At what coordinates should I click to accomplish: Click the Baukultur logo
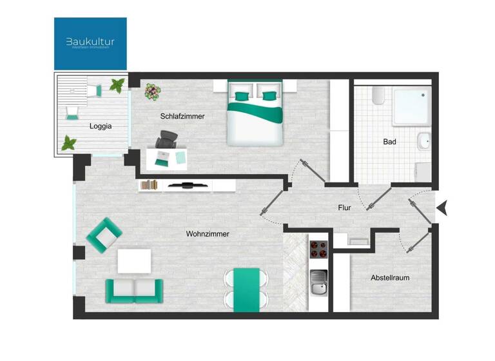pyautogui.click(x=90, y=43)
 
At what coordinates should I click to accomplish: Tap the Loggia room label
pyautogui.click(x=100, y=126)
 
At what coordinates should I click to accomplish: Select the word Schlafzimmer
pyautogui.click(x=182, y=116)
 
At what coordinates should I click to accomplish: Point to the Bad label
pyautogui.click(x=389, y=141)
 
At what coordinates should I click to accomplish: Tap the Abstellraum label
pyautogui.click(x=390, y=278)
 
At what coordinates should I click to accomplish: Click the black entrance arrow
pyautogui.click(x=443, y=208)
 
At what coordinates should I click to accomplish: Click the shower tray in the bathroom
pyautogui.click(x=412, y=106)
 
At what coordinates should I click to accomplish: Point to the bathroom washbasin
pyautogui.click(x=424, y=140)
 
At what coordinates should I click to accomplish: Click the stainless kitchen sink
pyautogui.click(x=318, y=282)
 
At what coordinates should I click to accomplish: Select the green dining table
pyautogui.click(x=246, y=289)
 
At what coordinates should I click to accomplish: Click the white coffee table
pyautogui.click(x=134, y=261)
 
